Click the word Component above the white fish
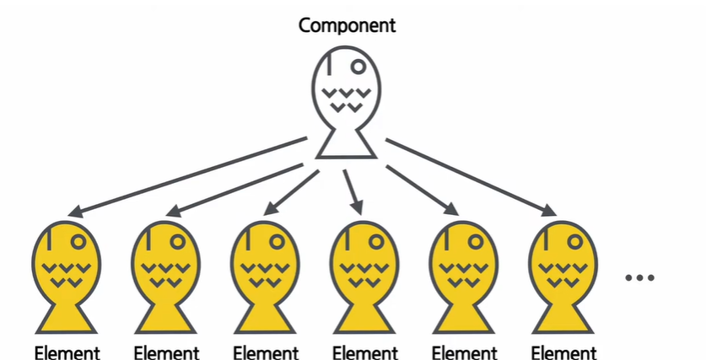point(348,24)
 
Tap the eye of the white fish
point(358,64)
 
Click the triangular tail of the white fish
point(348,144)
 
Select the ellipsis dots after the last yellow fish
point(640,277)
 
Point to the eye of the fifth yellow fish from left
point(476,241)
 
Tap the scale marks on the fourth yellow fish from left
point(364,275)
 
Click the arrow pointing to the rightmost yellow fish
point(469,175)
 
